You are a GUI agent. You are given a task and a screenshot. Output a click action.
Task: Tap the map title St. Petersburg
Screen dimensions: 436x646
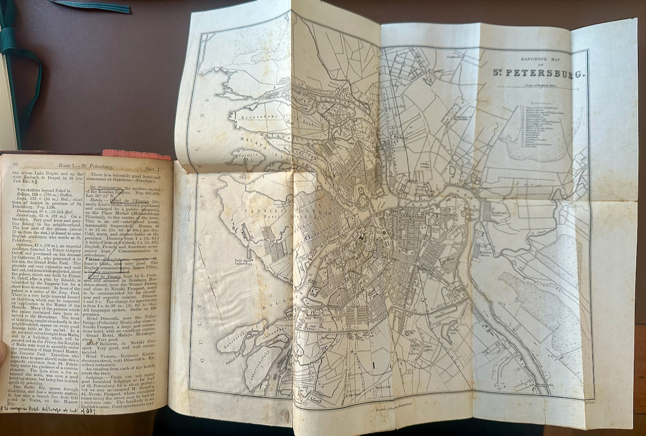(538, 72)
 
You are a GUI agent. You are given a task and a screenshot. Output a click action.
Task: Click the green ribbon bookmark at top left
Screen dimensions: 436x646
(91, 6)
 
